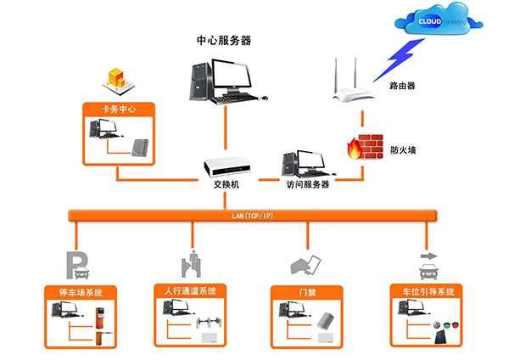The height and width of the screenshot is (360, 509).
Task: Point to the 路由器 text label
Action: [x=401, y=86]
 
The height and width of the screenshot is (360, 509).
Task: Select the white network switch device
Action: [x=223, y=166]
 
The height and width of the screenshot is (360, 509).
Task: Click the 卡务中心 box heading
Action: [x=119, y=110]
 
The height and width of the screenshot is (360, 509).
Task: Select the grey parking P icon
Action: [x=78, y=265]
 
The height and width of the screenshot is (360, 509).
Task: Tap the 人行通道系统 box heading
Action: [x=191, y=291]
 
